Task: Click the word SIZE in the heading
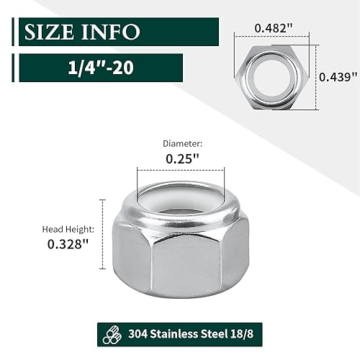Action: coord(49,32)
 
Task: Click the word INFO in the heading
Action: coord(111,32)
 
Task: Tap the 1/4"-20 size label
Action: coord(101,68)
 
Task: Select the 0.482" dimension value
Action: coord(274,28)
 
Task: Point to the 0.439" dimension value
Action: coord(338,77)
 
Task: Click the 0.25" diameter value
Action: coord(182,158)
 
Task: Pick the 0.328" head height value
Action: coord(68,244)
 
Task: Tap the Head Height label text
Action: coord(68,230)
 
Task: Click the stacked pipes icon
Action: coord(112,334)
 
